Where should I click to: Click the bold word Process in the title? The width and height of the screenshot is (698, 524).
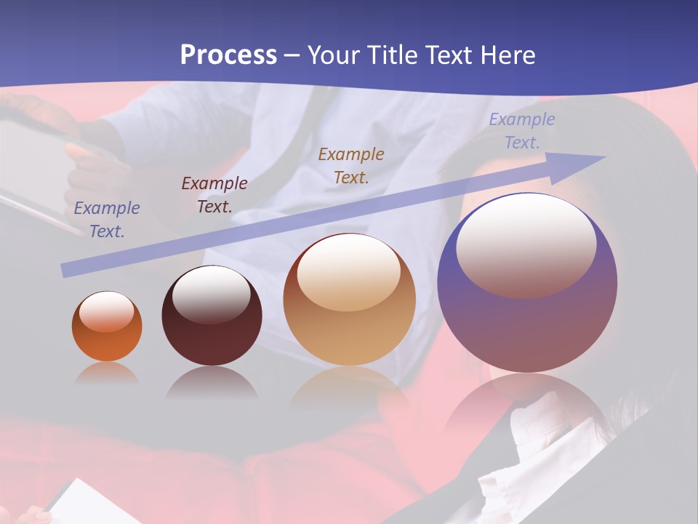click(x=228, y=55)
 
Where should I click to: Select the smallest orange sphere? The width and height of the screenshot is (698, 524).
click(x=107, y=327)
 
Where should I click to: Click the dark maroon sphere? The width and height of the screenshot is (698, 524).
click(x=212, y=320)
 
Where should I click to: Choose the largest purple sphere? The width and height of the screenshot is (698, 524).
click(x=527, y=291)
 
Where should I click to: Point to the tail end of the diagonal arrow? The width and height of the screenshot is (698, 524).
click(x=64, y=271)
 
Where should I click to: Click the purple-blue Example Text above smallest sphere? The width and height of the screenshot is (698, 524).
click(x=107, y=219)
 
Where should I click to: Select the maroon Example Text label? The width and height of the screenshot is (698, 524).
click(x=214, y=194)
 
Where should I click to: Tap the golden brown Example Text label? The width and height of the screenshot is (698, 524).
click(x=351, y=165)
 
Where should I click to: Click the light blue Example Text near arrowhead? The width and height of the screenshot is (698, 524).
click(x=521, y=130)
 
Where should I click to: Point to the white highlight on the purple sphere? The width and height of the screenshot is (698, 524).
click(x=526, y=246)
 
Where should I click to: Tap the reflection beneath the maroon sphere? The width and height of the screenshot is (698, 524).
click(x=212, y=381)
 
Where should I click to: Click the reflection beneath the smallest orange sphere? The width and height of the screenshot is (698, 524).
click(x=107, y=373)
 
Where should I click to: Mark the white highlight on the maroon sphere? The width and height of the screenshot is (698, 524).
click(x=211, y=294)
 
